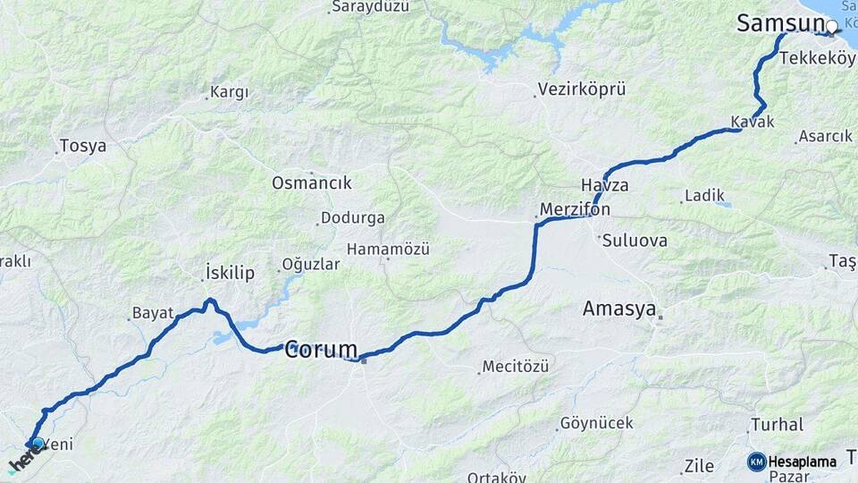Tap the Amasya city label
coord(619,309)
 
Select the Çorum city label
coord(321,350)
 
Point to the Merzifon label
coord(576,209)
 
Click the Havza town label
coord(605,186)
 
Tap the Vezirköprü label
coord(581,89)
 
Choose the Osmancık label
coord(312,182)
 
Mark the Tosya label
coord(82,145)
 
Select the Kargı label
coord(229,92)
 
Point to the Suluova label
coord(635,241)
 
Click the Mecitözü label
coord(516,366)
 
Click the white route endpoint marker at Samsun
coord(832,26)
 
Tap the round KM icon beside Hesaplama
coord(756,462)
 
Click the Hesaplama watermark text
coord(803,462)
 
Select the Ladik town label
coord(704,195)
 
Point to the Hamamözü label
coord(389,248)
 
